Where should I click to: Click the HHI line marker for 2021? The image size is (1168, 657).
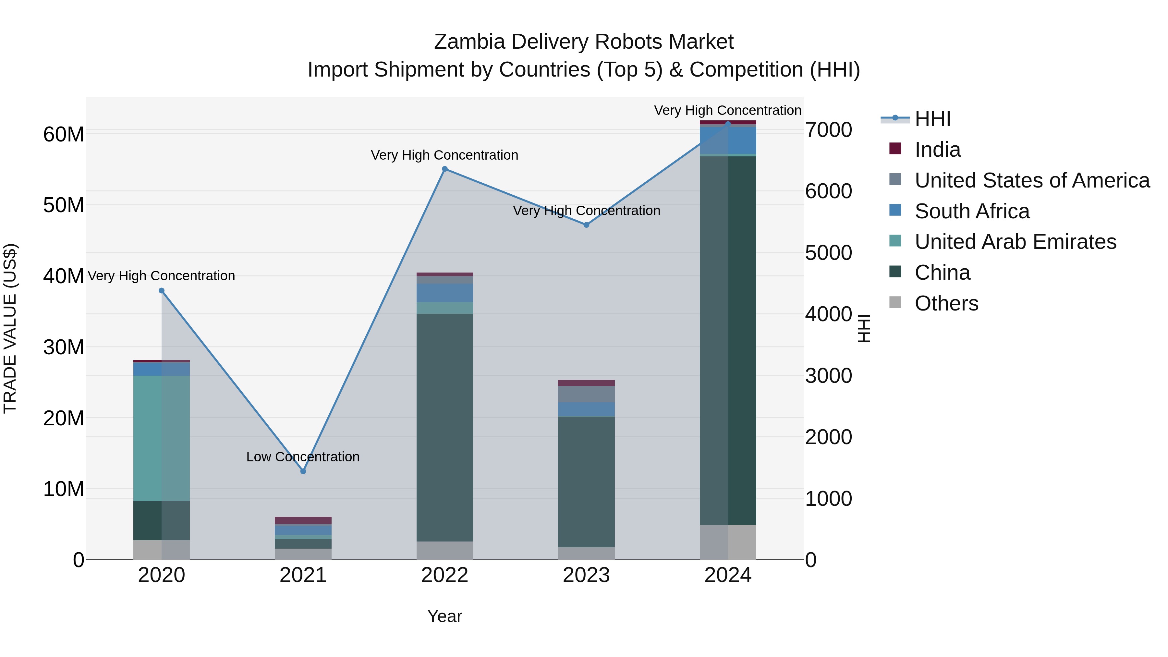[x=303, y=471]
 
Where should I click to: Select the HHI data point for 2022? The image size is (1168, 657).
[x=445, y=169]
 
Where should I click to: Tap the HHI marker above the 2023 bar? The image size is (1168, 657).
[x=586, y=225]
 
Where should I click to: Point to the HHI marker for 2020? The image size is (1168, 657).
[x=162, y=291]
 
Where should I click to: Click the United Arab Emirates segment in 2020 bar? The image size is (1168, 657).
[x=162, y=438]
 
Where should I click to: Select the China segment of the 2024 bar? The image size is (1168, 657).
[x=728, y=340]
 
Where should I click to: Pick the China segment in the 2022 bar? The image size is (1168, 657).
[x=445, y=426]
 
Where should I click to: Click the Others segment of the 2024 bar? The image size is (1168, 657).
[x=728, y=542]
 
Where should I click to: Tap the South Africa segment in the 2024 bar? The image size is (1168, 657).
[x=728, y=140]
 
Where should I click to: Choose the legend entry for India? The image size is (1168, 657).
[x=937, y=150]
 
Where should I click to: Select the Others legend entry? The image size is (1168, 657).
[x=946, y=303]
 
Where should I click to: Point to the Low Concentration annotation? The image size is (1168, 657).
[x=303, y=456]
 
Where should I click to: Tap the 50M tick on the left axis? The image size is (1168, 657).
[x=64, y=205]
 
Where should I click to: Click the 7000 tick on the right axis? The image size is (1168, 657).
[x=828, y=130]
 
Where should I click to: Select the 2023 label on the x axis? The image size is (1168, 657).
[x=586, y=575]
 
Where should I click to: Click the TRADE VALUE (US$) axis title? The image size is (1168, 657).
[x=10, y=328]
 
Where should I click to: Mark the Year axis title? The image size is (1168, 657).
[x=444, y=616]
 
